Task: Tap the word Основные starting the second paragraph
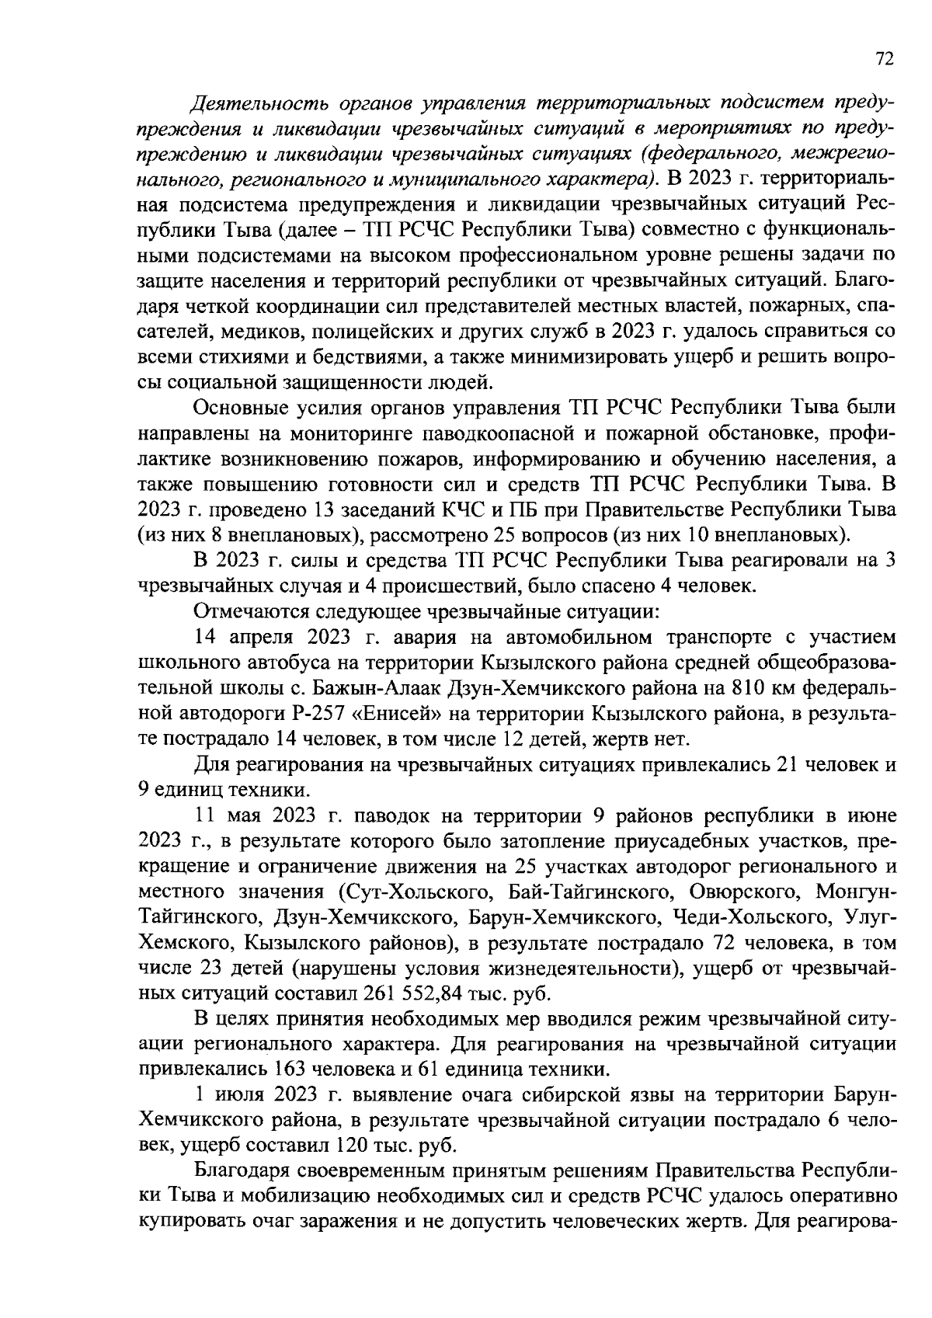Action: (x=238, y=408)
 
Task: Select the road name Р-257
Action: (x=267, y=713)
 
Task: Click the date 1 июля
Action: (x=230, y=1095)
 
